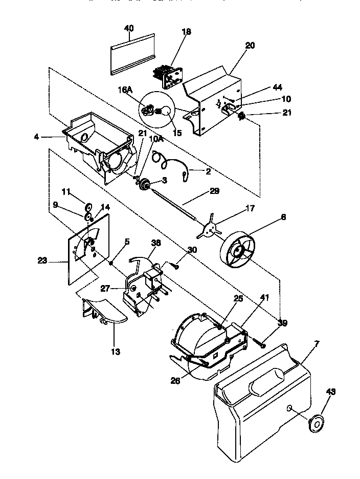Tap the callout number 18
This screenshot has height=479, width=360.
point(186,32)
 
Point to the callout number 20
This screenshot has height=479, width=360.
point(250,46)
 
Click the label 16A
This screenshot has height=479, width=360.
point(125,90)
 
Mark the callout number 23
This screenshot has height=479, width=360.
point(42,260)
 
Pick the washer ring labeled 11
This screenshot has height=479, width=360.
point(88,207)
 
